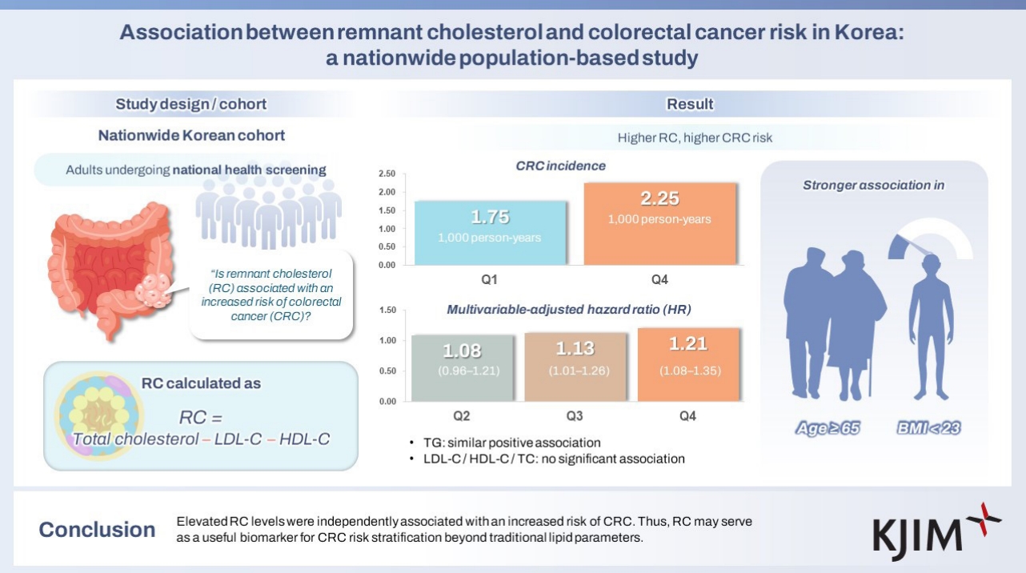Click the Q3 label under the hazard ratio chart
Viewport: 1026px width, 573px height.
click(574, 416)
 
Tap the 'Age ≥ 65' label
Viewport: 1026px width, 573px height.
click(828, 428)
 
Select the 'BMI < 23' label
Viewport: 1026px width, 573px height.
click(928, 428)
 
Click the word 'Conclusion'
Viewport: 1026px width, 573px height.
click(98, 530)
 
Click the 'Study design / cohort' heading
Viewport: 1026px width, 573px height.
click(190, 104)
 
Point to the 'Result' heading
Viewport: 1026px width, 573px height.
click(689, 104)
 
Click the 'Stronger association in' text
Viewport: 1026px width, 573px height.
click(873, 186)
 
